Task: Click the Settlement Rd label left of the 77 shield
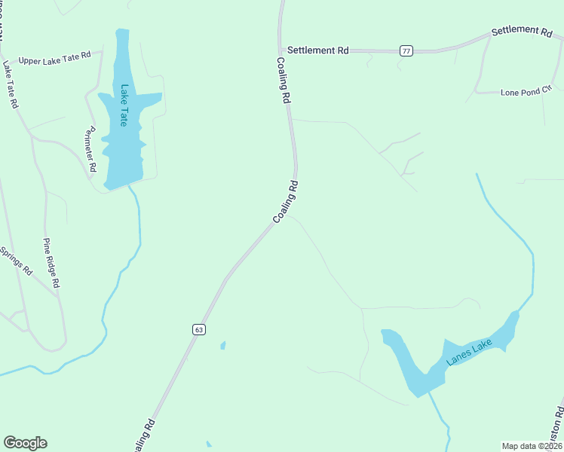318,50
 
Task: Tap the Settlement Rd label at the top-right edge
522,32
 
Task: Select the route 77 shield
406,50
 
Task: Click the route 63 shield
198,329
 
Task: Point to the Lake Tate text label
125,105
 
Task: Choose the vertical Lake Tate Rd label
10,85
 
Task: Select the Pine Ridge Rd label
51,264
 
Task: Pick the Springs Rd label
17,259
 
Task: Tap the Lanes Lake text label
469,352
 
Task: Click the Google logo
25,443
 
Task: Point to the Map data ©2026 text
532,445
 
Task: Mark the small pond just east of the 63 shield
223,346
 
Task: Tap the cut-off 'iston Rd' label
556,425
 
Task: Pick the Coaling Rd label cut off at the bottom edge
145,437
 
